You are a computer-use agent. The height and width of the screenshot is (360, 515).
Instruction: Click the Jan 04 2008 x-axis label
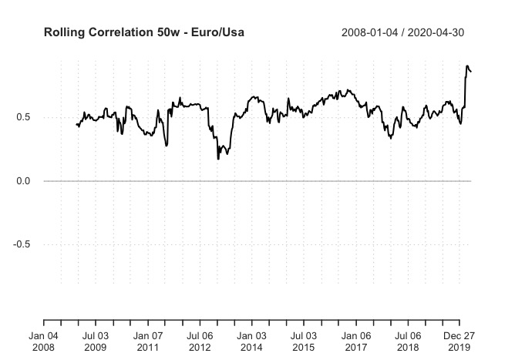(x=43, y=341)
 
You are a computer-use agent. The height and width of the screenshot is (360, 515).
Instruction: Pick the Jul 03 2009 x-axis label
(x=95, y=341)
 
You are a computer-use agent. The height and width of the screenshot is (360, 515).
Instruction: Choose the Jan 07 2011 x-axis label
(x=147, y=341)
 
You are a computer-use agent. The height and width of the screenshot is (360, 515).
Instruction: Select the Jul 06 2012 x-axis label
(x=200, y=341)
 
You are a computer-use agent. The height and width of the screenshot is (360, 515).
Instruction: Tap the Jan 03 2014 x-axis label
(x=251, y=341)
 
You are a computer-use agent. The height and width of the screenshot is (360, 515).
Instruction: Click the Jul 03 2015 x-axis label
(x=304, y=341)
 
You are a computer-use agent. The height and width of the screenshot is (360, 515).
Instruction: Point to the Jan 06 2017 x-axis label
(x=356, y=341)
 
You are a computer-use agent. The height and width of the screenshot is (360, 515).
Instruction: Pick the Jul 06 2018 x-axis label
(x=409, y=341)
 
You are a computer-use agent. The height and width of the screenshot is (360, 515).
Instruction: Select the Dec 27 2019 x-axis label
(x=460, y=341)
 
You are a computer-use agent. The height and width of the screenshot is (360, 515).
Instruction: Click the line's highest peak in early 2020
(x=467, y=66)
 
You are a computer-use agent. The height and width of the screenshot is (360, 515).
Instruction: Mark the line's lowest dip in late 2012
(x=218, y=158)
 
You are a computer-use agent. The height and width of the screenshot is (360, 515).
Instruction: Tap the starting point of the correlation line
(x=76, y=124)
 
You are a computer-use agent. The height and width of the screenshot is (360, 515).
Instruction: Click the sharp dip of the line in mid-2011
(x=167, y=145)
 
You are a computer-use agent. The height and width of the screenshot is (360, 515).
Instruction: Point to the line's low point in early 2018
(x=391, y=138)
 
